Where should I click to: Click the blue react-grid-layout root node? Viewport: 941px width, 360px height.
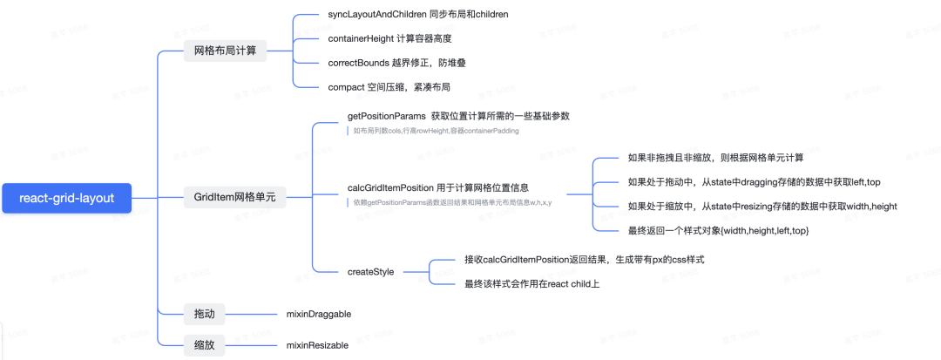pos(66,198)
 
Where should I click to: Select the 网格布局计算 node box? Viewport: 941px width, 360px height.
pos(225,51)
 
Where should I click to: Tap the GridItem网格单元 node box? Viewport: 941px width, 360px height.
pos(234,198)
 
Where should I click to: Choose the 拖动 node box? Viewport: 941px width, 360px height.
pos(205,313)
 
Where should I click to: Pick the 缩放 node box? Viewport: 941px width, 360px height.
pos(205,345)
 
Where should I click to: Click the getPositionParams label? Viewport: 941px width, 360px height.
pos(458,116)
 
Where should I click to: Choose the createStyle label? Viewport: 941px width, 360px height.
pos(370,272)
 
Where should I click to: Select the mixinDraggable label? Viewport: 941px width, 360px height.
pos(319,313)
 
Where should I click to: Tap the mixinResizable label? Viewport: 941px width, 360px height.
pos(317,345)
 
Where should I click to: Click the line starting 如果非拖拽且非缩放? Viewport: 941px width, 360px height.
pos(715,158)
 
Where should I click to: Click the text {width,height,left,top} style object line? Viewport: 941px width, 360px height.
pos(719,230)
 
